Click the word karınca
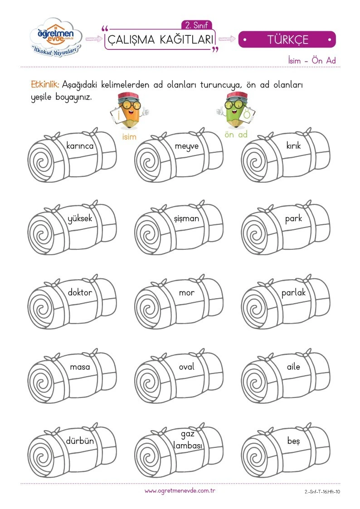[80, 146]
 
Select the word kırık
[293, 145]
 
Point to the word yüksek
[80, 218]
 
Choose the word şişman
[186, 219]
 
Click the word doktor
[80, 292]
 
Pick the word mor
[187, 293]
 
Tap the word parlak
[293, 292]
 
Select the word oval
[187, 367]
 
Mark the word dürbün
[80, 441]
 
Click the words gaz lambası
[188, 440]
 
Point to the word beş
[293, 441]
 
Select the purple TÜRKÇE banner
[287, 39]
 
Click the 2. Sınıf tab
[196, 25]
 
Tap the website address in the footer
[180, 491]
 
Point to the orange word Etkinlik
[45, 85]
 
